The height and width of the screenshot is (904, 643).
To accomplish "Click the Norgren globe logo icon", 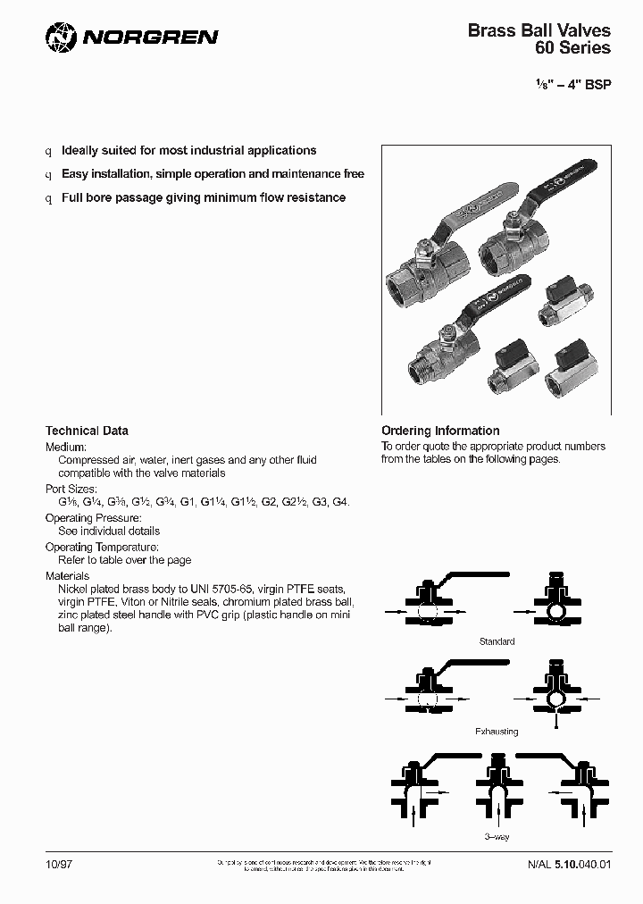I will pyautogui.click(x=60, y=37).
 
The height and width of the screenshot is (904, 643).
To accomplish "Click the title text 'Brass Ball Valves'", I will pyautogui.click(x=539, y=30).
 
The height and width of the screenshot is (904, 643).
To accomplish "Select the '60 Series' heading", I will pyautogui.click(x=572, y=48).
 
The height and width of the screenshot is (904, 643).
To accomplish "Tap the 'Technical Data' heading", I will pyautogui.click(x=87, y=431).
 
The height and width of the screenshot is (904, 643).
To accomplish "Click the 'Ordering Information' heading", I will pyautogui.click(x=440, y=431).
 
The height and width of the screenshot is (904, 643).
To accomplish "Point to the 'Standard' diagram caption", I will pyautogui.click(x=497, y=641).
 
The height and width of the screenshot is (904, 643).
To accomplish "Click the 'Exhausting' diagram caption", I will pyautogui.click(x=497, y=731).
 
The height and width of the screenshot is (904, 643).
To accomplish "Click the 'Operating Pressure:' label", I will pyautogui.click(x=93, y=518).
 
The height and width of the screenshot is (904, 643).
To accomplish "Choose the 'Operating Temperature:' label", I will pyautogui.click(x=102, y=547).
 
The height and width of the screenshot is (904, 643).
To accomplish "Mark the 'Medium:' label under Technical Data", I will pyautogui.click(x=66, y=447).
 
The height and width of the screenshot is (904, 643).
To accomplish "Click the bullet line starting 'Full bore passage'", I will pyautogui.click(x=203, y=197).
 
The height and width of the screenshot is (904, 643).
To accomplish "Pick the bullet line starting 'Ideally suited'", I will pyautogui.click(x=188, y=151).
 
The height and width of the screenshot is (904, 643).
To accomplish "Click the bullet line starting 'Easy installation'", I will pyautogui.click(x=213, y=174).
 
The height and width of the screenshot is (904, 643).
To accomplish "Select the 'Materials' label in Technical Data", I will pyautogui.click(x=68, y=576).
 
